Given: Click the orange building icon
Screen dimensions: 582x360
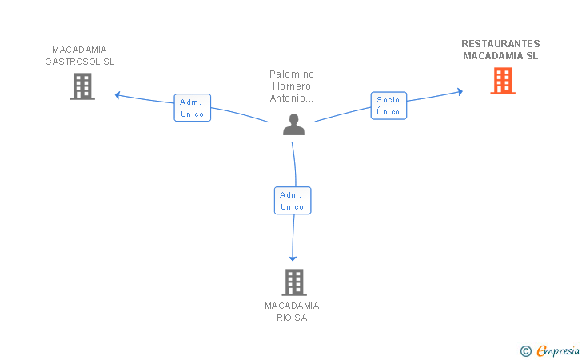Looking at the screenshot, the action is (x=503, y=81).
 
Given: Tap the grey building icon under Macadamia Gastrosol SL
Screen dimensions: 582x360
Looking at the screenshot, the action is (x=82, y=86).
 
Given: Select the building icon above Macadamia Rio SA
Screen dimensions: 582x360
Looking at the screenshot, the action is (x=294, y=282).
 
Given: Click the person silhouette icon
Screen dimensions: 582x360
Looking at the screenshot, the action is (x=293, y=125).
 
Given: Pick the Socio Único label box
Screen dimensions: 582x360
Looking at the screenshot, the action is (x=389, y=106).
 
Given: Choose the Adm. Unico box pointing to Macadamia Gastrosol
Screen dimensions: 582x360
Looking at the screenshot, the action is (x=192, y=108).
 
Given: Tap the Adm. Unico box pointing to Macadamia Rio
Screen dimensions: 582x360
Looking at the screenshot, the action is (x=293, y=201).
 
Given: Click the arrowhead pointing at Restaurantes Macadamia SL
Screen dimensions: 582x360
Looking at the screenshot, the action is (x=460, y=92).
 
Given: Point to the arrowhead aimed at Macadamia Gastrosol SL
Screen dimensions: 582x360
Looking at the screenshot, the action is (x=118, y=95).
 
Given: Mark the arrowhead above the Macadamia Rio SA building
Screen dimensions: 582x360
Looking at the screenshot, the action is (x=293, y=258).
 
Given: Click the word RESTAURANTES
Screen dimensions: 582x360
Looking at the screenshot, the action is (x=500, y=44).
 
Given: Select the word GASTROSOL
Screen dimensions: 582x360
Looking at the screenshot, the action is (x=73, y=62).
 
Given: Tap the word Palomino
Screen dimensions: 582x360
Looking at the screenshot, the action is (x=292, y=74).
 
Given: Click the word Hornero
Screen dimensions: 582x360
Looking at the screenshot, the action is (x=292, y=86).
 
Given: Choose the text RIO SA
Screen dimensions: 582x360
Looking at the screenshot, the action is (x=292, y=318).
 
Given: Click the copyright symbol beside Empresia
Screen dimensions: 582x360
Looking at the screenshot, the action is (x=526, y=351).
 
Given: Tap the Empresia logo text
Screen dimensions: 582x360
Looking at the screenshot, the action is (x=558, y=351).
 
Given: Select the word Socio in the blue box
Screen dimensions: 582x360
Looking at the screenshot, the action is (x=389, y=99).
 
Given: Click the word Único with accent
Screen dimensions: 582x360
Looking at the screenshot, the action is (x=389, y=111).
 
